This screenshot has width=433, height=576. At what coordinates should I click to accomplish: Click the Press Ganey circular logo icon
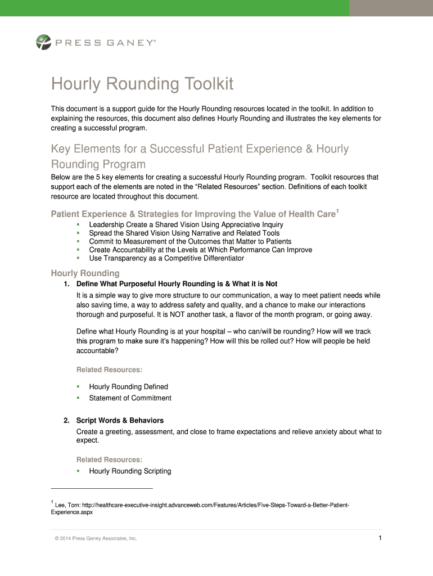(43, 42)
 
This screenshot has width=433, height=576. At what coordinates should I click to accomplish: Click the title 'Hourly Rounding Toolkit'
(142, 84)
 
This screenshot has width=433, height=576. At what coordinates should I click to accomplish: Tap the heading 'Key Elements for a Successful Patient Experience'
(200, 149)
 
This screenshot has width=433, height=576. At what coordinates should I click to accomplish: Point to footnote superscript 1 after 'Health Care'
(337, 210)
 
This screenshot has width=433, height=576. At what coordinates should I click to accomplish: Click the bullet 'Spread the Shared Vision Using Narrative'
(184, 233)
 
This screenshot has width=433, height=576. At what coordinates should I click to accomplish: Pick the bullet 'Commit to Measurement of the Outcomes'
(190, 241)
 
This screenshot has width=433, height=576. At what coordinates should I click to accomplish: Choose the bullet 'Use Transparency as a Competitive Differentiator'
(166, 258)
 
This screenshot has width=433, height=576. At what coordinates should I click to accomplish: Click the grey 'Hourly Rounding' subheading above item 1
(85, 273)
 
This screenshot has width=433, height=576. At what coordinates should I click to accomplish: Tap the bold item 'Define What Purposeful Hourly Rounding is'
(177, 283)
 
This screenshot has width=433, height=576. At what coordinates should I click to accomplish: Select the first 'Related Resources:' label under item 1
(109, 370)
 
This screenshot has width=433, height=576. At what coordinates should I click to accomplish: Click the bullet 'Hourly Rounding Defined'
(128, 386)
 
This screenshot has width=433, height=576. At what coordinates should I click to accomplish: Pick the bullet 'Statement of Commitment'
(130, 398)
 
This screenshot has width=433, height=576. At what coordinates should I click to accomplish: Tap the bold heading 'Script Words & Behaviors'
(120, 420)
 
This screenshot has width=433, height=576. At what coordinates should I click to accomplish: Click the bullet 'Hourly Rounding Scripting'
(130, 471)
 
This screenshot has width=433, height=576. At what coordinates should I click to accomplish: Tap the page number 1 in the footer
(380, 538)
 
